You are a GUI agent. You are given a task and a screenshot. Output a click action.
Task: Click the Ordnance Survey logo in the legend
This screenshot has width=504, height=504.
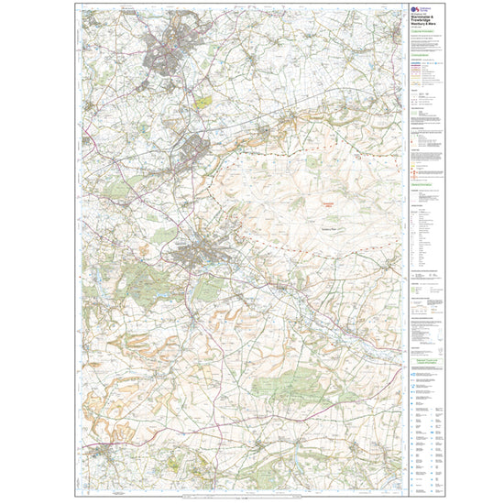coord(413,12)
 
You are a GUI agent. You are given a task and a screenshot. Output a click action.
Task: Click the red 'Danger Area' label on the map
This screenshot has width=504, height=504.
coord(327,205)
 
